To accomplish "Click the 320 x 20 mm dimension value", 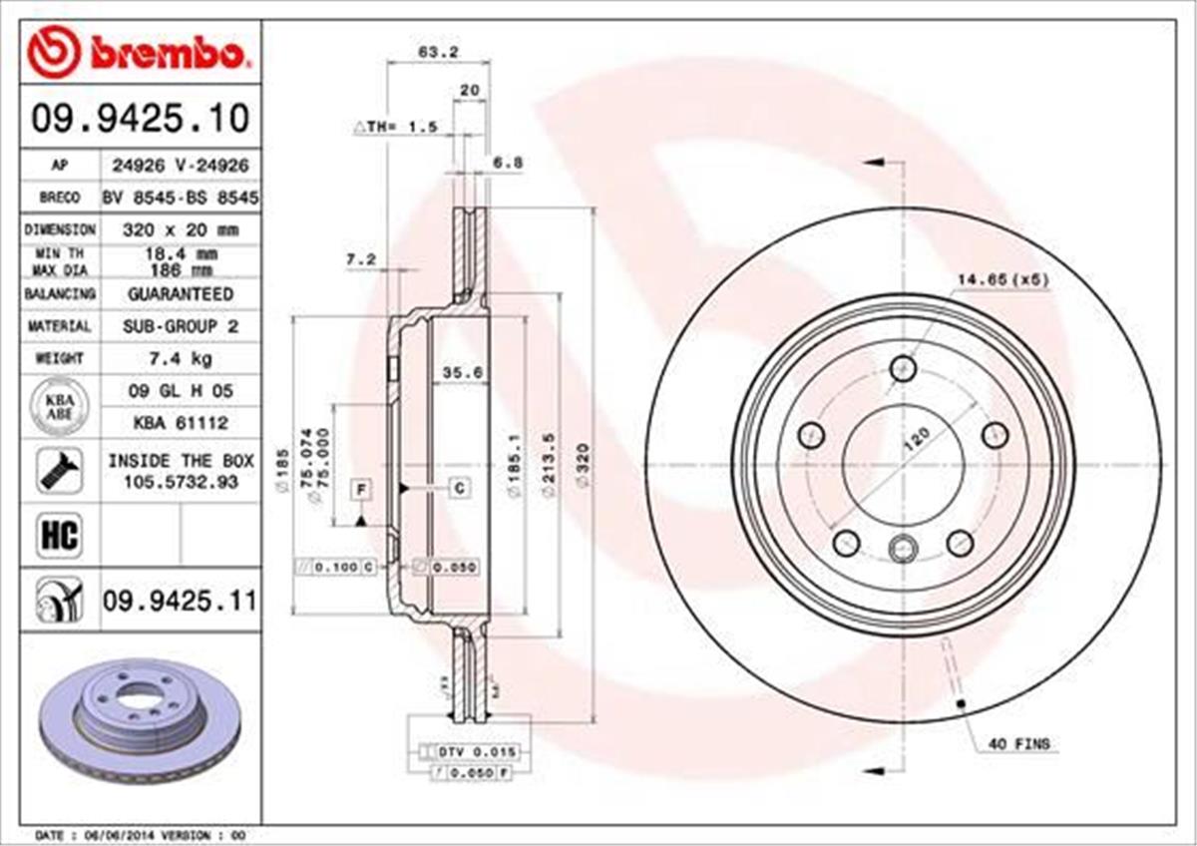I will tap(180, 229).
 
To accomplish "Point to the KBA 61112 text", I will tap(180, 423).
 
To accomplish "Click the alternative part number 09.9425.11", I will tap(180, 601).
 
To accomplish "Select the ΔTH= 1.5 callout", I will tap(396, 127).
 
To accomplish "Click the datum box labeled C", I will tap(460, 488).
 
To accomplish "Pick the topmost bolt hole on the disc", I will tap(904, 367).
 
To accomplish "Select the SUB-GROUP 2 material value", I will tap(180, 326).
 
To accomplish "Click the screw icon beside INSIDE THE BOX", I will tap(59, 469).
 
